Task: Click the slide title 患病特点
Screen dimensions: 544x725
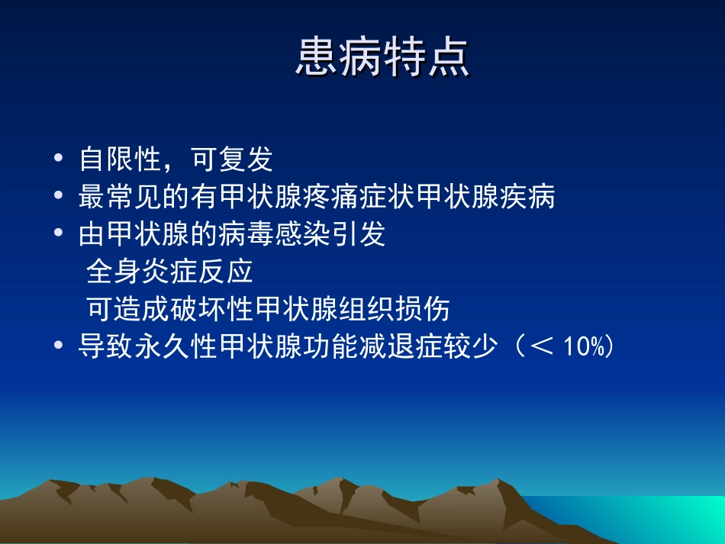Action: point(382,58)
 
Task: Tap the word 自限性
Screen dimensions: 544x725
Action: point(119,160)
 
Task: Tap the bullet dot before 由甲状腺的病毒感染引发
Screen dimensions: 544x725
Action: point(60,233)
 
